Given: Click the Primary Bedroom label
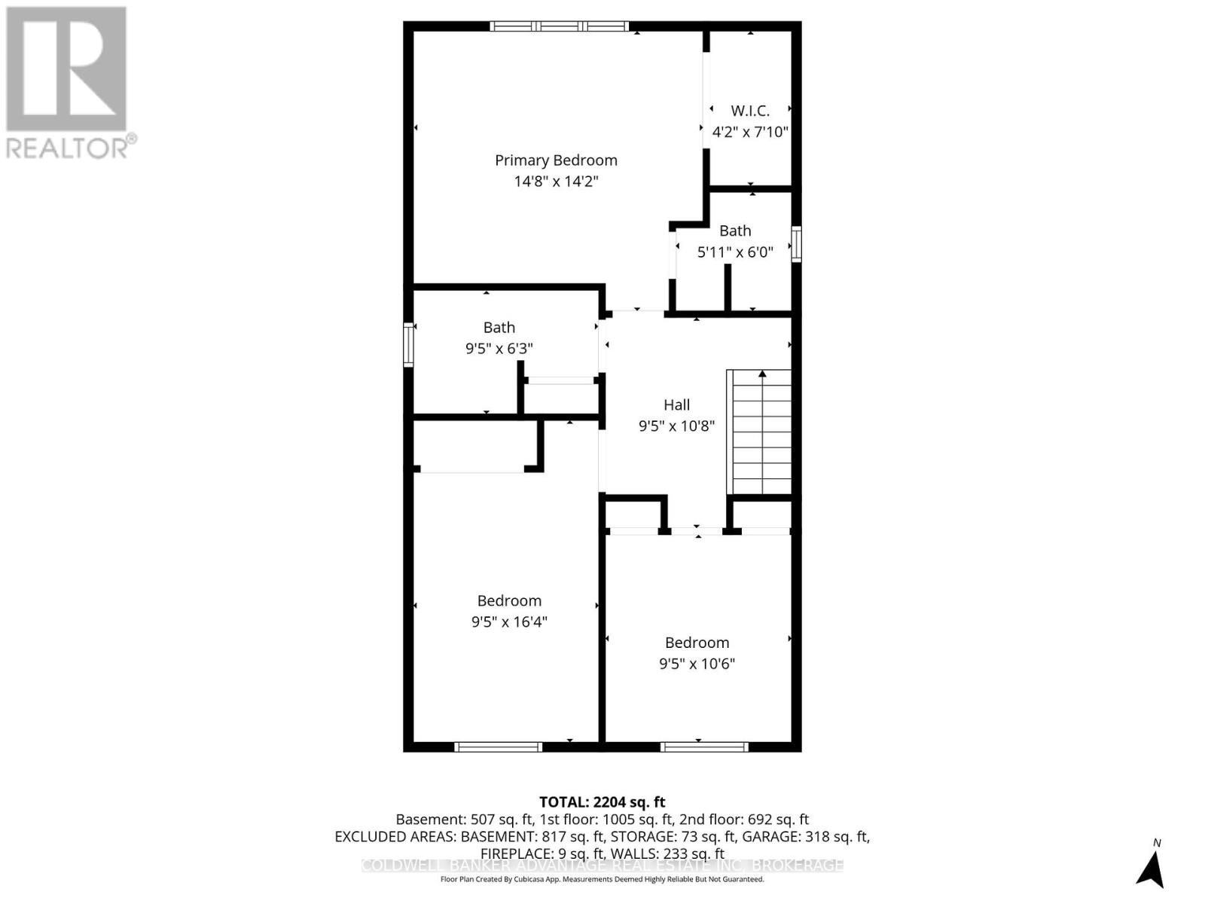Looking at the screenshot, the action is coord(556,160).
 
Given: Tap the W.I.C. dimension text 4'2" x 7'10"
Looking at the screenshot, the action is coord(750,132).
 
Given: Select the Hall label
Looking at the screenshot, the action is coord(676,405).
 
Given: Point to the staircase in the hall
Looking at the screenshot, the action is coord(759,432).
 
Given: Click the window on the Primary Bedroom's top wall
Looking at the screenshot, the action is coord(560,26).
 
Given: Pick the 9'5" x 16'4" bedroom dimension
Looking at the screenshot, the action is coord(509,622).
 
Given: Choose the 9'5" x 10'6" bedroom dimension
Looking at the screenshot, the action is coord(697,664).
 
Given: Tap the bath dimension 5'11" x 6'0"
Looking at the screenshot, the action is coord(735,252).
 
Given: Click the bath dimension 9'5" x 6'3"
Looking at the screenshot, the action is coord(499,349).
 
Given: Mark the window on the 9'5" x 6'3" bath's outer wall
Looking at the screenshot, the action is coord(408,345).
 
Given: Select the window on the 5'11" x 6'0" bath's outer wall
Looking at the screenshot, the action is coord(796,243).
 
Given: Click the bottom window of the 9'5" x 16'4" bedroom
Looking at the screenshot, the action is coord(499,747).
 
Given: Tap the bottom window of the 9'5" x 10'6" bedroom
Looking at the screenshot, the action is coord(704,747).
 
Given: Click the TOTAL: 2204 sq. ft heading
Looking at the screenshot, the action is coord(602,802).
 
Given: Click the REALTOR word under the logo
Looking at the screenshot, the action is coord(68,148).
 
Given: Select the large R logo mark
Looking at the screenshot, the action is coord(66,69).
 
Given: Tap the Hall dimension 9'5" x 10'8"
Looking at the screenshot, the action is coord(676,426).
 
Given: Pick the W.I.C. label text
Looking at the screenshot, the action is coord(750,111).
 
